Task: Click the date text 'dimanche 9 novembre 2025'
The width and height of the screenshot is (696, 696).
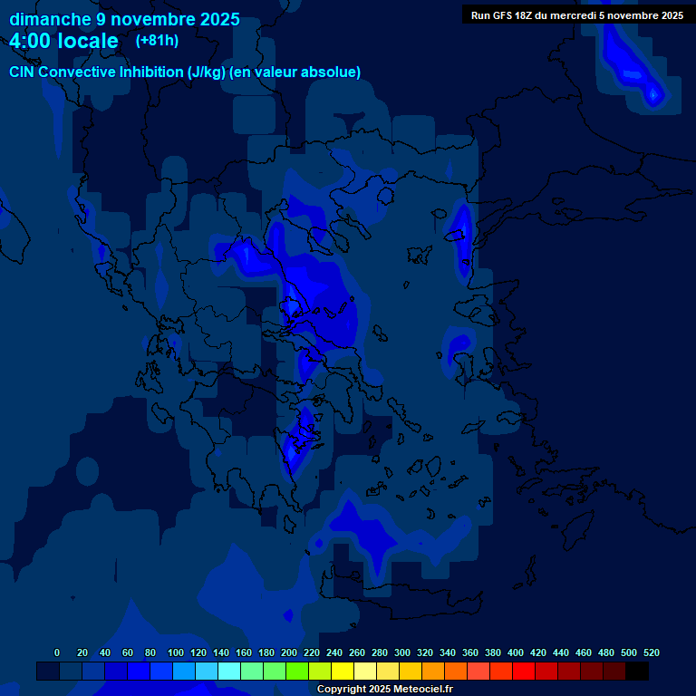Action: [125, 19]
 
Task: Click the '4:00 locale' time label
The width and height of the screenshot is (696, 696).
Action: [64, 41]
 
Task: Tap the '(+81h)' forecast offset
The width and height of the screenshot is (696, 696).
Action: [157, 40]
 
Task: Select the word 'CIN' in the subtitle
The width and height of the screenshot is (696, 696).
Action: [23, 72]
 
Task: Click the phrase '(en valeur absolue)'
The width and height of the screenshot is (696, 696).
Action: [295, 72]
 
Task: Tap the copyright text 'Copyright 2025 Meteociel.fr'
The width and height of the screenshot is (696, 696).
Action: [384, 689]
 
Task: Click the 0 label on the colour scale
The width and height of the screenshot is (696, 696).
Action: [57, 652]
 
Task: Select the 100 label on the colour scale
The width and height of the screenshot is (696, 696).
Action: [176, 652]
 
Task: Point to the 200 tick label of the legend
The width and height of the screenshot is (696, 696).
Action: [289, 652]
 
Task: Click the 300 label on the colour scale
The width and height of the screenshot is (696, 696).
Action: [402, 652]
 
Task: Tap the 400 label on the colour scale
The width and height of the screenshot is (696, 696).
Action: [516, 652]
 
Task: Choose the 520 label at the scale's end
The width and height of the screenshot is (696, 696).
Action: [652, 652]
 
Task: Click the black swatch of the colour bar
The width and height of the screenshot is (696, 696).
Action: [637, 672]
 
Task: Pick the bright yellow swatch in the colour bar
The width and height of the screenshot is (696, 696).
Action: [343, 672]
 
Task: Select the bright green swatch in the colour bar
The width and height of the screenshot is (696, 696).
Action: [297, 672]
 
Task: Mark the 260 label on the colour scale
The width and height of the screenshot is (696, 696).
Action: [357, 652]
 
